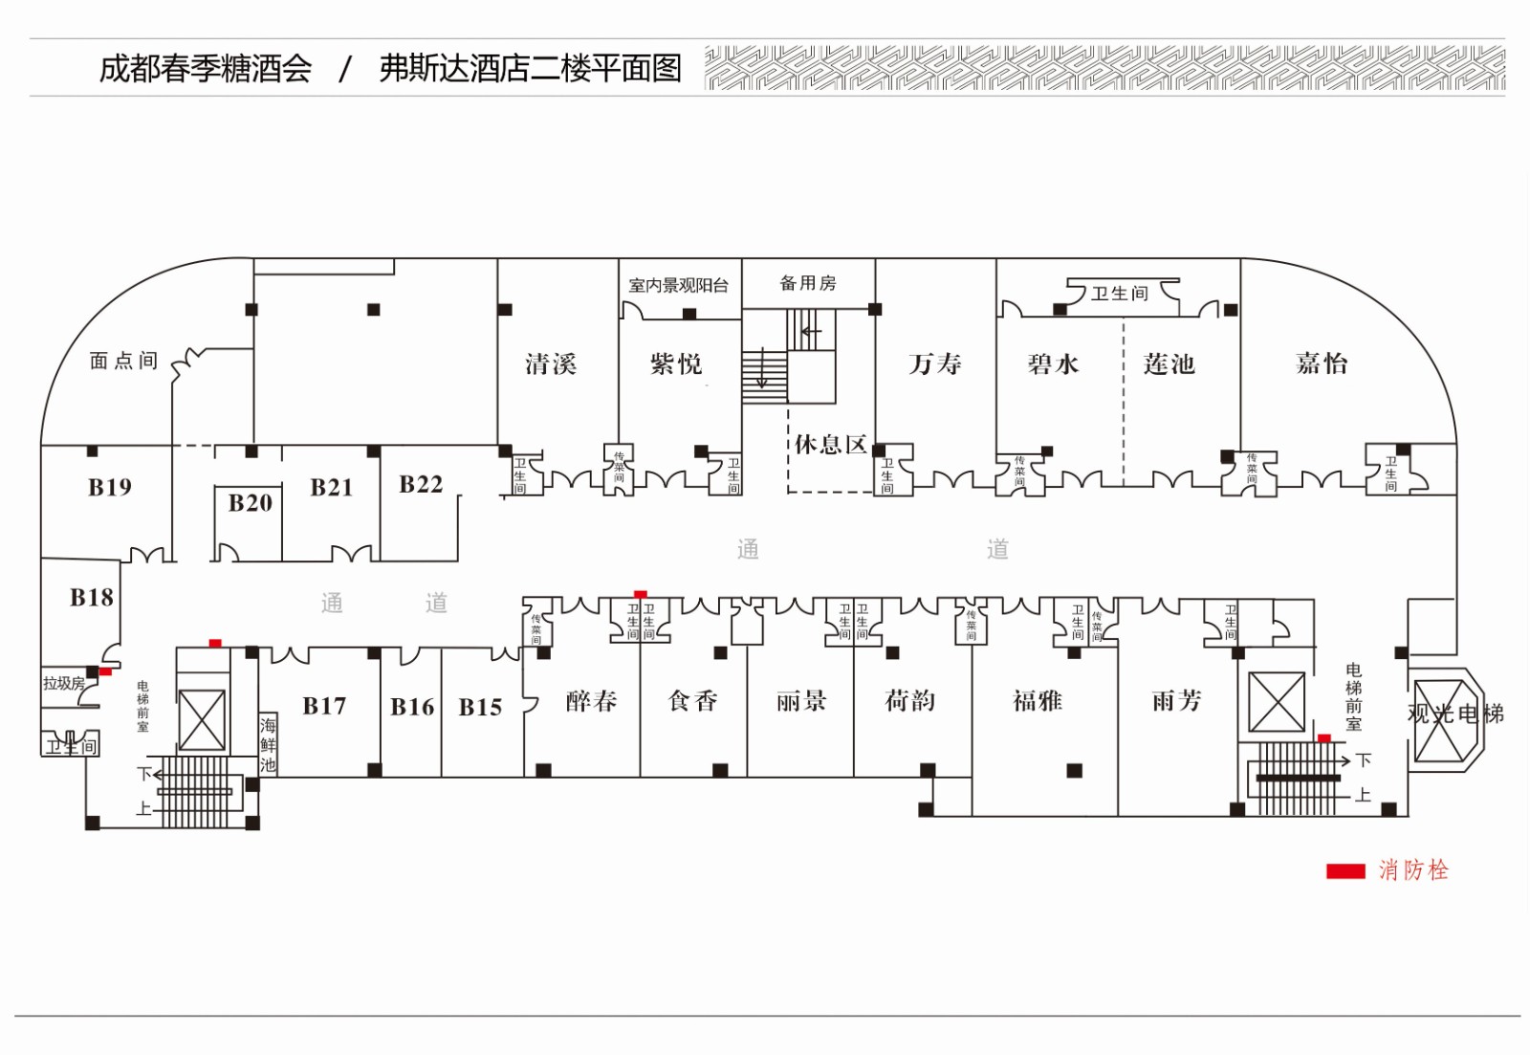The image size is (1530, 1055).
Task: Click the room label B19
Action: tap(110, 488)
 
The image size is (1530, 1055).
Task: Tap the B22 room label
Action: tap(421, 485)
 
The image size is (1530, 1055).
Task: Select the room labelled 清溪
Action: tap(551, 364)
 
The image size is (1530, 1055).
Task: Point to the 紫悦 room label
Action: tap(676, 364)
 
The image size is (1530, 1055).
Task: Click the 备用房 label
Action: tap(808, 283)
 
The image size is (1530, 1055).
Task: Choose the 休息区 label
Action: tap(830, 445)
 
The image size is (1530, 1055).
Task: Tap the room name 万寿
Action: tap(934, 364)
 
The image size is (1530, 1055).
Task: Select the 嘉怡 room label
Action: tap(1322, 363)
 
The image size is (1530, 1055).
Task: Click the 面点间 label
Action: tap(123, 361)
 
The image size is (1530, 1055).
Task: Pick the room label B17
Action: tap(324, 707)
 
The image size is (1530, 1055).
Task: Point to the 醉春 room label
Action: tap(591, 702)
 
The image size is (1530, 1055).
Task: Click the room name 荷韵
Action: tap(909, 702)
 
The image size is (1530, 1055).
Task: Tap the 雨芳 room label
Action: tap(1176, 702)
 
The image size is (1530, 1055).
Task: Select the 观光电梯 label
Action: tap(1454, 714)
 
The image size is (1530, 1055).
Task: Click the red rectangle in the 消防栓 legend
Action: tap(1344, 870)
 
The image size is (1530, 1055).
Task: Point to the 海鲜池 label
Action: tap(268, 744)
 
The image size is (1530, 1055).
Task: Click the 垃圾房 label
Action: tap(64, 683)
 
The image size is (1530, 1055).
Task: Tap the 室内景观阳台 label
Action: tap(678, 285)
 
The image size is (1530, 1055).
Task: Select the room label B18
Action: tap(92, 598)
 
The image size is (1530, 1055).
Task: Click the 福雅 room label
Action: tap(1038, 702)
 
